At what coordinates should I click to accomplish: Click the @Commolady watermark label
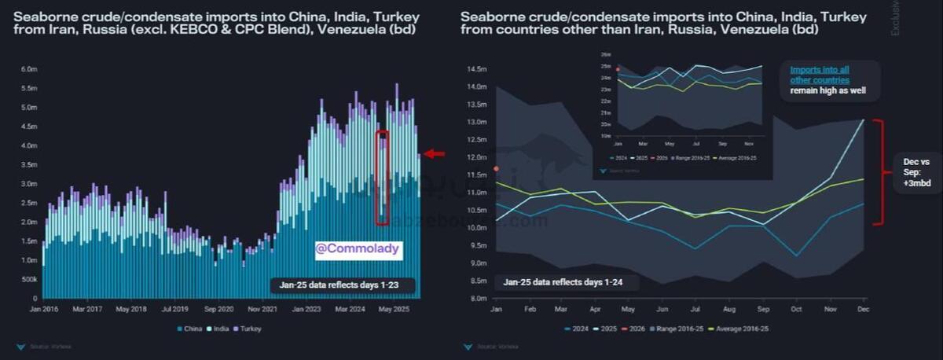pos(358,250)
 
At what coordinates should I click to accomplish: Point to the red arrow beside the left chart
pos(434,154)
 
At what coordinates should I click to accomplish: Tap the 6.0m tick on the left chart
pos(28,69)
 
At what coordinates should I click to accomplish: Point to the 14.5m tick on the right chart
pos(477,69)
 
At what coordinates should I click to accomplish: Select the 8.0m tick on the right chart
pos(479,299)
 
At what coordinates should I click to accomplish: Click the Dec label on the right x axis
pos(863,309)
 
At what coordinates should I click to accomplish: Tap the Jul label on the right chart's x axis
pos(697,309)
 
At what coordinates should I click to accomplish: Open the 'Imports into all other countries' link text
pos(820,75)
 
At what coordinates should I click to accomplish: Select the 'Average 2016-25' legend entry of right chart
pos(739,329)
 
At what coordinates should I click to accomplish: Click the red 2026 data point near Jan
pos(496,168)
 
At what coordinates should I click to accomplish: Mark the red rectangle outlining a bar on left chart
pos(382,178)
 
